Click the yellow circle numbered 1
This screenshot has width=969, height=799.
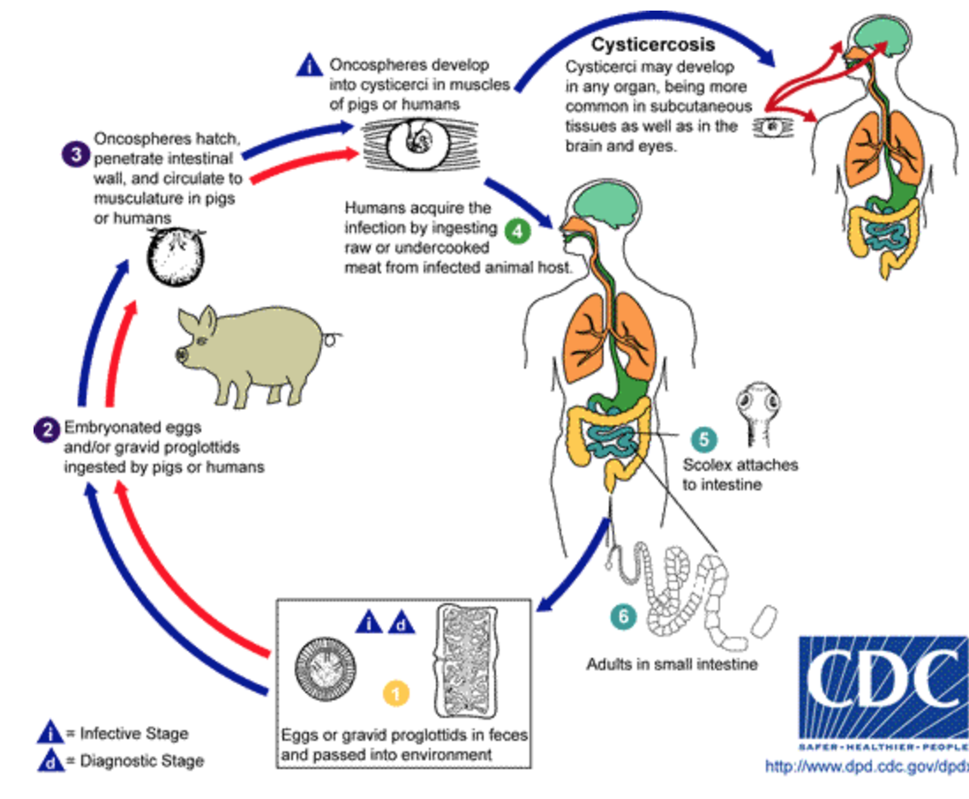(x=396, y=694)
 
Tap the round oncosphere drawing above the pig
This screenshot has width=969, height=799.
(x=173, y=257)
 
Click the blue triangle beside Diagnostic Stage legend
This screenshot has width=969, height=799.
(x=52, y=761)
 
